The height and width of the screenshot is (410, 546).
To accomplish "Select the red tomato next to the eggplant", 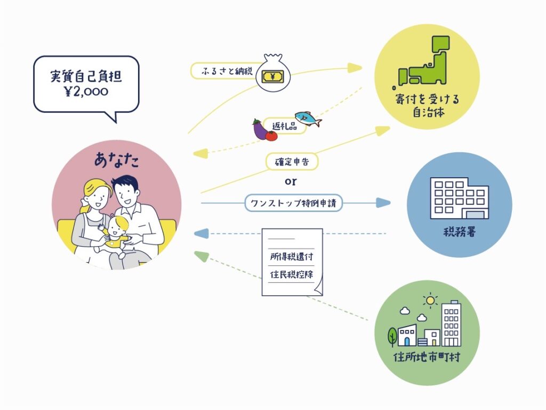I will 271,135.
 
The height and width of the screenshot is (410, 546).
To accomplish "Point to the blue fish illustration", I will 308,119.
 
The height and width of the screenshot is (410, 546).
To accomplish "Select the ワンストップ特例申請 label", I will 294,203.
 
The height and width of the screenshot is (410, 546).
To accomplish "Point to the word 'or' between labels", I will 290,182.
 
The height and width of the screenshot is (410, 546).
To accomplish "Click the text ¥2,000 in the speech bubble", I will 85,91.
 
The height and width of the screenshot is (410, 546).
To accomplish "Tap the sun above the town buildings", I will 429,300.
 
